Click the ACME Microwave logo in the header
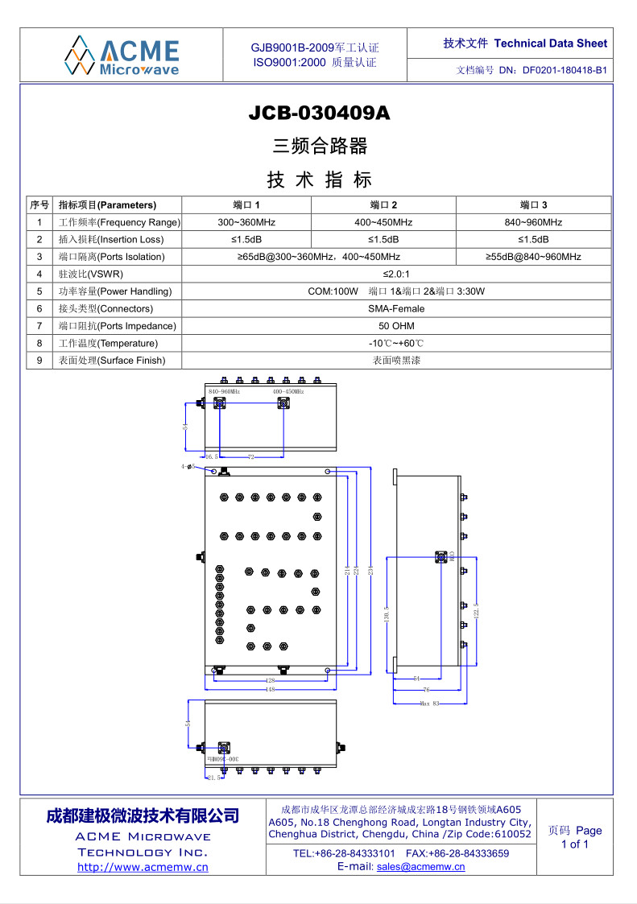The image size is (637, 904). click(x=122, y=55)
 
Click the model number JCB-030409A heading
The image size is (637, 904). click(x=319, y=114)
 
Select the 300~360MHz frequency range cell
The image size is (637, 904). click(x=246, y=222)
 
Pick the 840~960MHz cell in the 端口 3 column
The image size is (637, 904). click(x=533, y=222)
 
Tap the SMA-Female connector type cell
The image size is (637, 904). click(x=396, y=308)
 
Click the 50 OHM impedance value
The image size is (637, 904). click(x=396, y=326)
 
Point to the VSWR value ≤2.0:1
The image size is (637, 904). click(x=396, y=274)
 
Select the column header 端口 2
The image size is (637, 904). click(x=383, y=204)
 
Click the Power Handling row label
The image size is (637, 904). click(x=115, y=291)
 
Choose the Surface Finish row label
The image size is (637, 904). click(x=112, y=361)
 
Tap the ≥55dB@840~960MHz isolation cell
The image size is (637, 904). click(x=533, y=257)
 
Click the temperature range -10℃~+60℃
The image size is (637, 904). click(x=396, y=344)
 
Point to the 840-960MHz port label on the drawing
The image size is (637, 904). click(x=224, y=391)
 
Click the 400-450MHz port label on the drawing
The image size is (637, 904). click(x=288, y=391)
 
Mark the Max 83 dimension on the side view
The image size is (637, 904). click(x=430, y=704)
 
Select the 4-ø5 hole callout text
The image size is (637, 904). click(x=188, y=467)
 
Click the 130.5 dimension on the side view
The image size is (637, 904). click(x=387, y=614)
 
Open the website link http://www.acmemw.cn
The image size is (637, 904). click(x=143, y=867)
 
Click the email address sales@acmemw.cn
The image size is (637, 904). click(x=420, y=867)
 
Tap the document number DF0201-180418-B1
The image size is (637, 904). click(x=564, y=70)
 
